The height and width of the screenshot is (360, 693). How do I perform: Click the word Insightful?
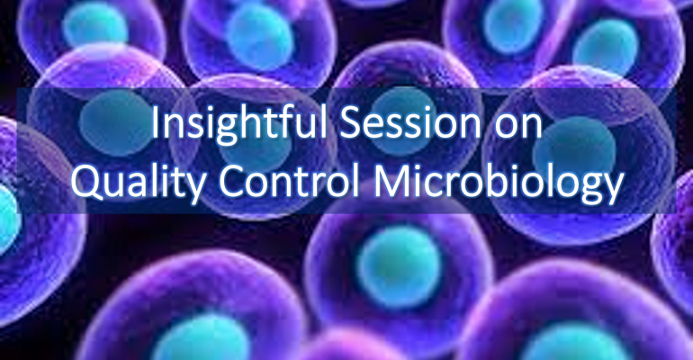(x=239, y=123)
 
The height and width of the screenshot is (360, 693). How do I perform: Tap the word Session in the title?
(x=408, y=123)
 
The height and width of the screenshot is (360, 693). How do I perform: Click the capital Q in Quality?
(x=86, y=182)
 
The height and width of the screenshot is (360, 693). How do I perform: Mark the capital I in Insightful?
(x=155, y=123)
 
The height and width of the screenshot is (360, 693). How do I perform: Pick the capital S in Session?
(x=350, y=123)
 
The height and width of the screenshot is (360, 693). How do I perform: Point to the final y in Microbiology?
(x=612, y=189)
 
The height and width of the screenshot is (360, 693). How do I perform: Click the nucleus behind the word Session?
(x=403, y=116)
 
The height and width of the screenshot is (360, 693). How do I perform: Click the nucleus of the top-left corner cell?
(x=95, y=24)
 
